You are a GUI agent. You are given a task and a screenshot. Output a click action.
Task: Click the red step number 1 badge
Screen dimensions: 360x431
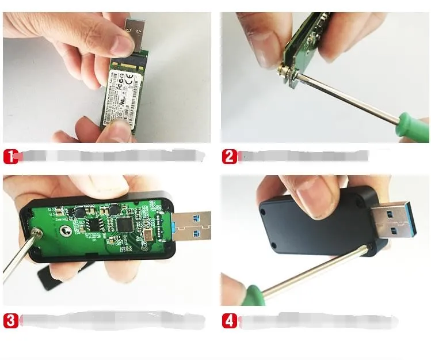pos(11,156)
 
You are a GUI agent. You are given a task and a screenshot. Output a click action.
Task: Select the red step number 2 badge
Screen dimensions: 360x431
pos(229,156)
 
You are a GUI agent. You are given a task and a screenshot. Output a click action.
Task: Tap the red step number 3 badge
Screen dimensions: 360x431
pos(11,320)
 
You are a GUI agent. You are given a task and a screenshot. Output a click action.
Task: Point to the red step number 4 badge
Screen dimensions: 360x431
pos(229,320)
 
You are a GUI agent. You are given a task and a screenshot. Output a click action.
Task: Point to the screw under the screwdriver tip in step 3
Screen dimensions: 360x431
pos(35,233)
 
